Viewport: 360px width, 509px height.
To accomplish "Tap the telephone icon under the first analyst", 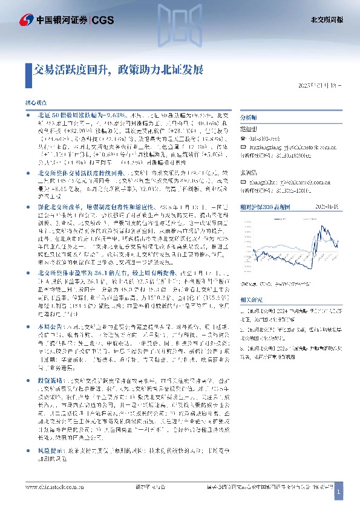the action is pyautogui.click(x=243, y=138).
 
